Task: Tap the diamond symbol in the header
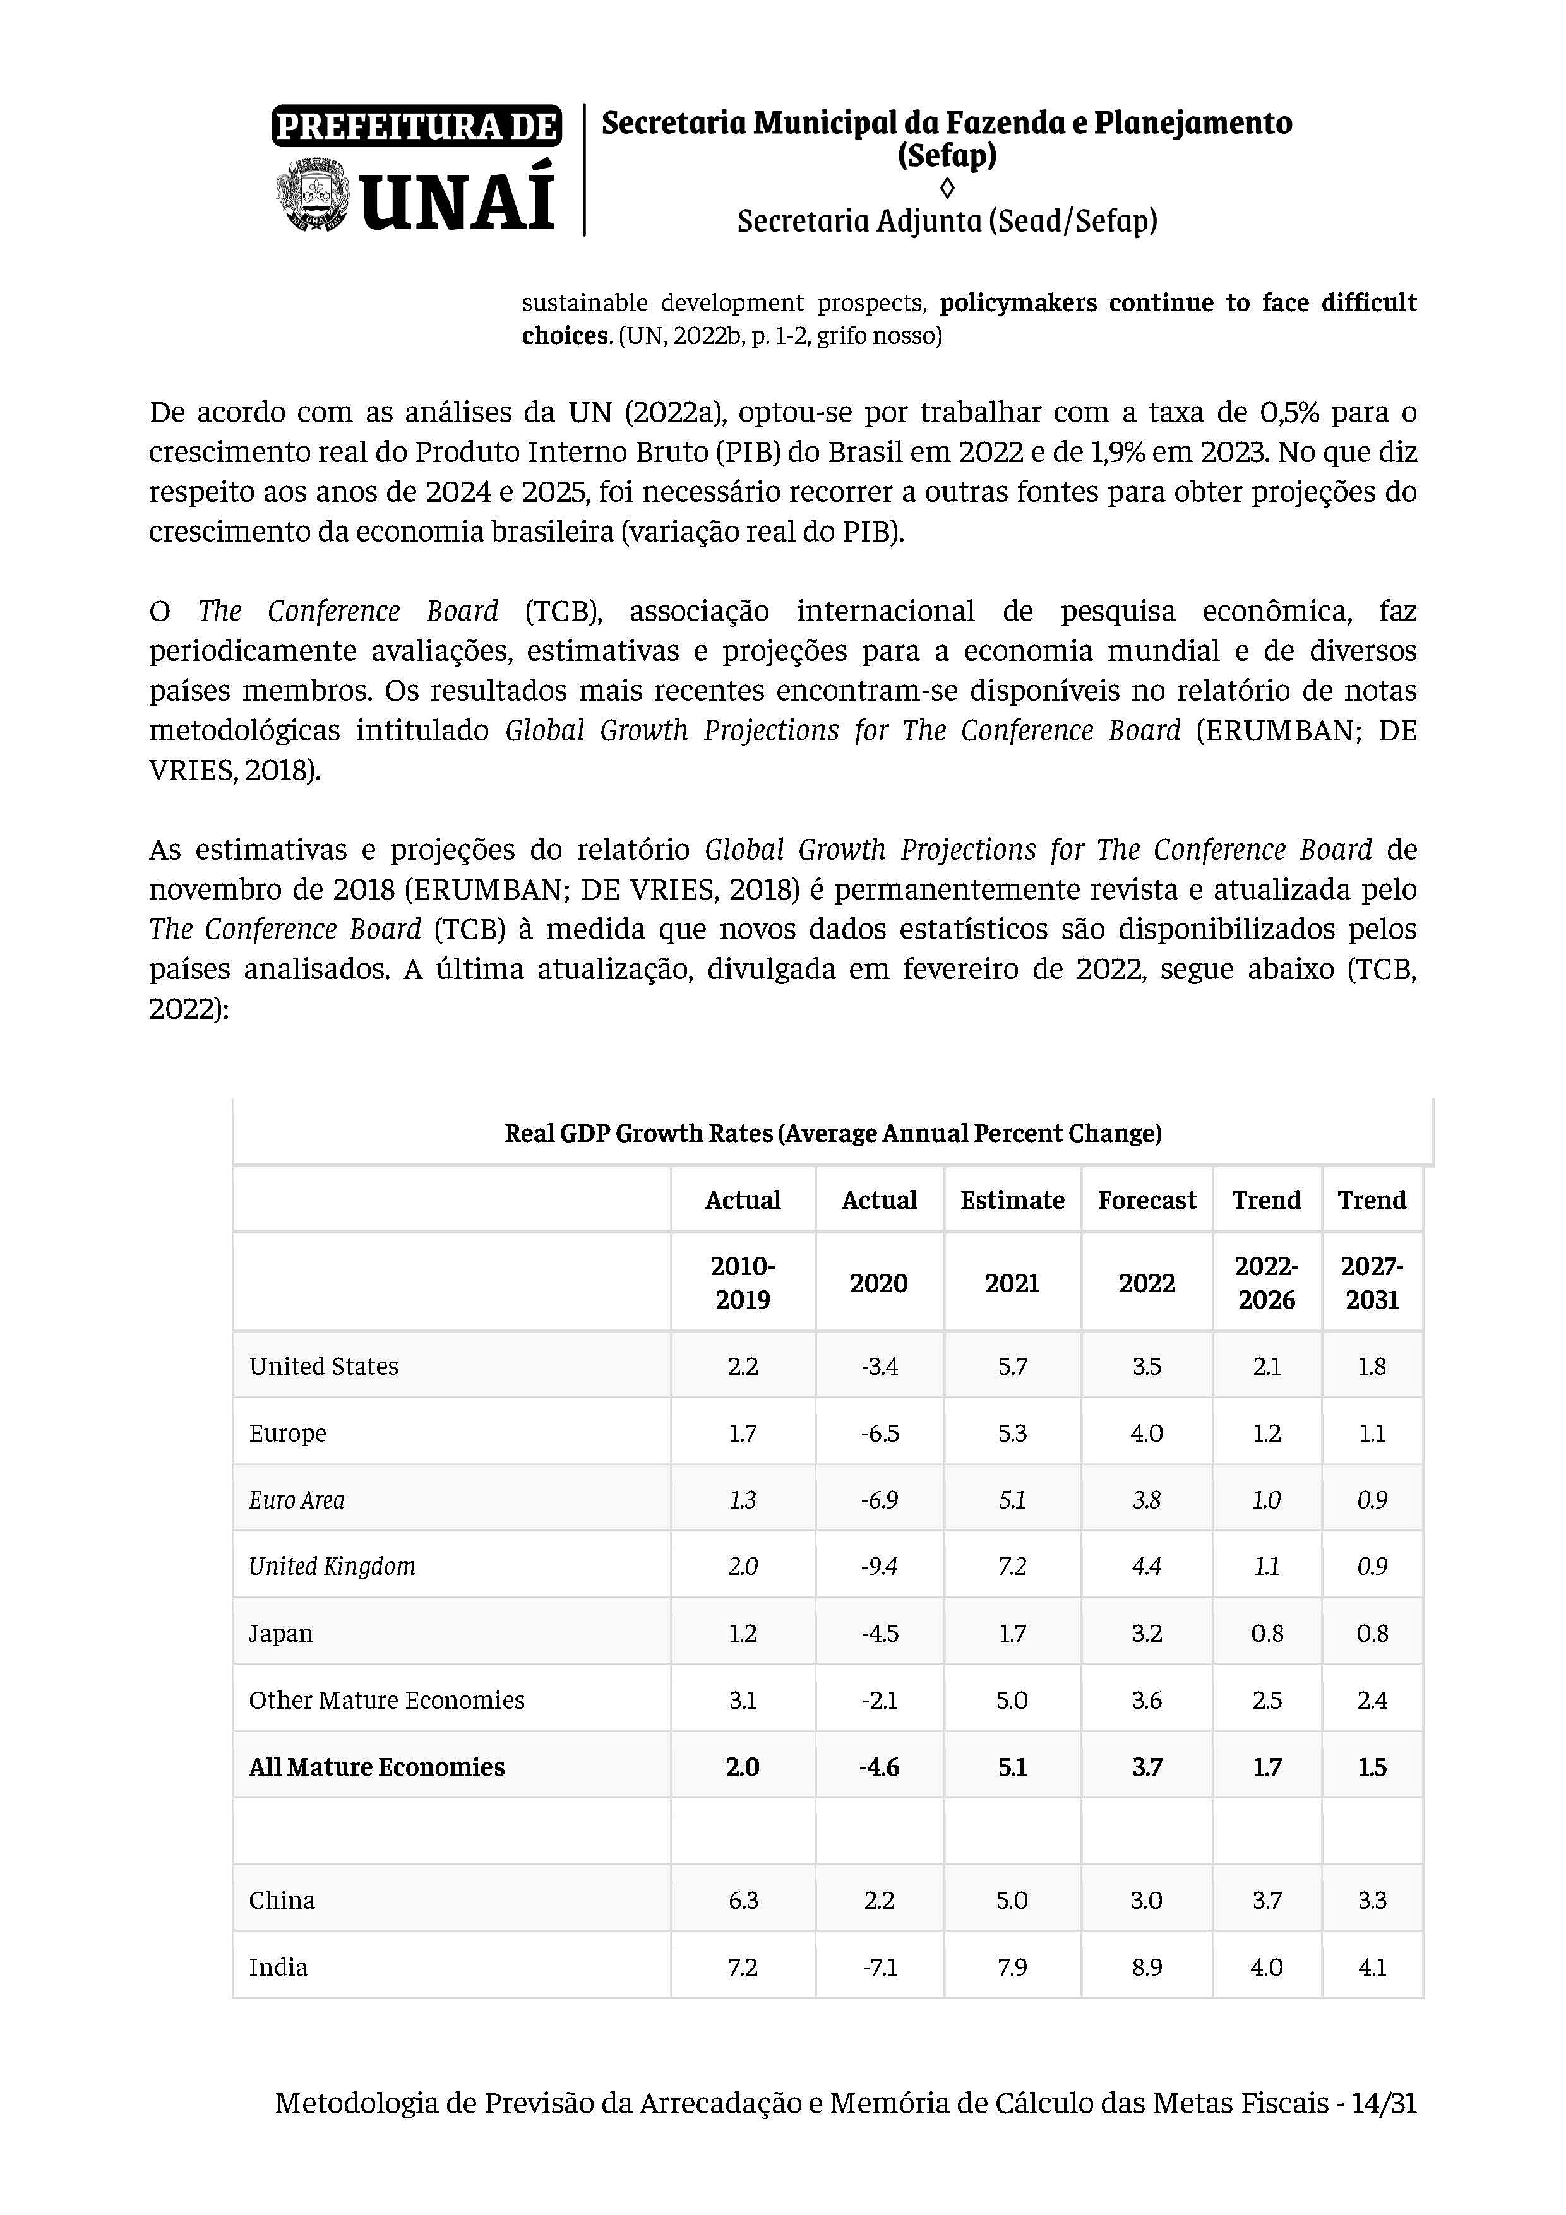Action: [947, 187]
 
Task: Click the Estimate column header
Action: [1012, 1200]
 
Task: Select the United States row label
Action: [323, 1366]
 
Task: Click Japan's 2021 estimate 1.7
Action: [1012, 1633]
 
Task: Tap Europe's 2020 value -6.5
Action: [879, 1433]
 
